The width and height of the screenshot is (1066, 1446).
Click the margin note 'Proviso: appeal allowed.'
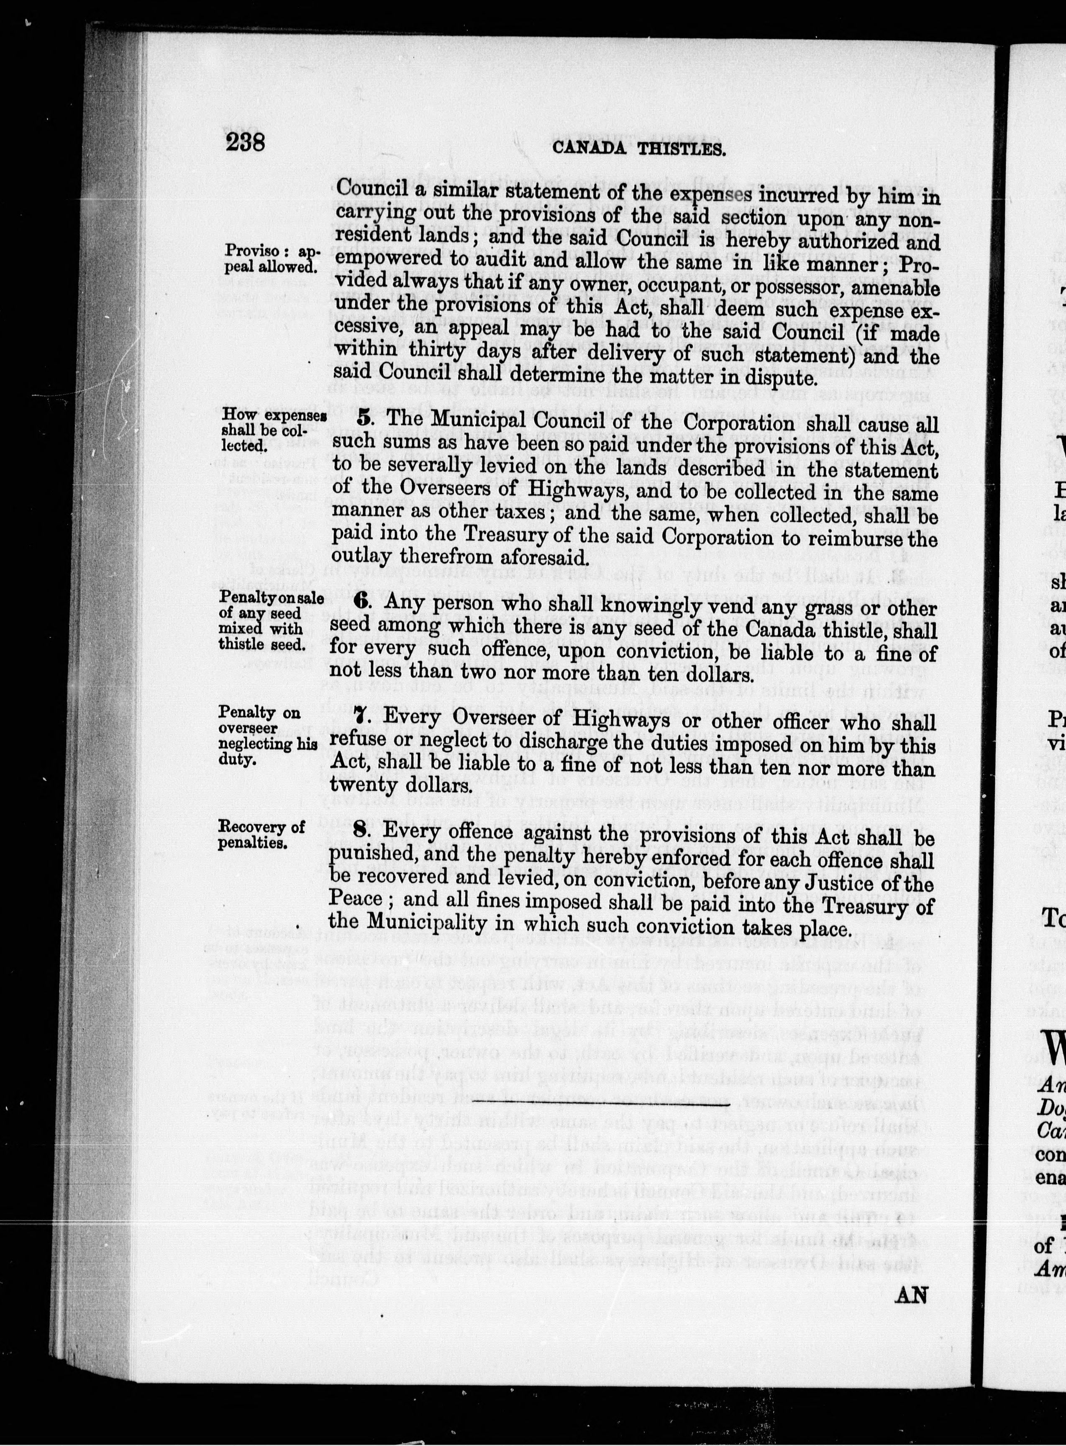point(270,258)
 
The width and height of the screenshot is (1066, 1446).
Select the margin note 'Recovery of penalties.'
point(261,834)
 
